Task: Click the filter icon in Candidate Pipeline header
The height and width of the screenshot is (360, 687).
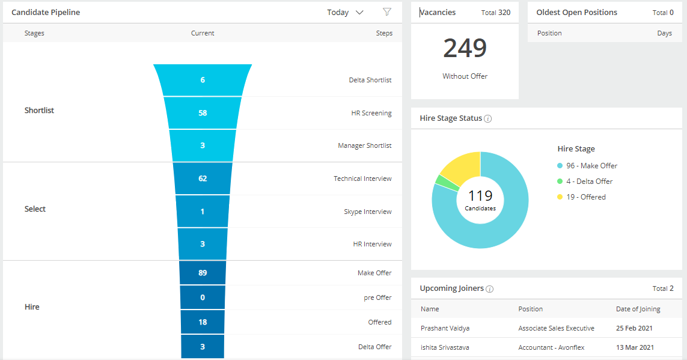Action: [387, 12]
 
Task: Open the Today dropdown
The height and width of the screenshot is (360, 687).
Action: [346, 13]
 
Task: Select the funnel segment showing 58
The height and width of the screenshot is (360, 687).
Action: [203, 113]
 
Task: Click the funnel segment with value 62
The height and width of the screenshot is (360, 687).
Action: [203, 178]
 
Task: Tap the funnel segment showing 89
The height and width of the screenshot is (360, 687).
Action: [203, 273]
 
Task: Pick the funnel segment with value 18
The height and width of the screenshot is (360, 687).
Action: [203, 322]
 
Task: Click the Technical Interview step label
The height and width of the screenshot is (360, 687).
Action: [362, 178]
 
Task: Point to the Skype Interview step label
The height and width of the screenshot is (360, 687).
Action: [367, 212]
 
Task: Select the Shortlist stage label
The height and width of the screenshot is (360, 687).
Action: [39, 111]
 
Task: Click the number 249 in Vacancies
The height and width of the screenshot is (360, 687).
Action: [465, 49]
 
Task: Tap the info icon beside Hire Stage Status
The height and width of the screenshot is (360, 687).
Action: [488, 119]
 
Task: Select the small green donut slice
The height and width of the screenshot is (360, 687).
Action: [440, 182]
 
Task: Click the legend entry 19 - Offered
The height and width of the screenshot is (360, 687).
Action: [585, 197]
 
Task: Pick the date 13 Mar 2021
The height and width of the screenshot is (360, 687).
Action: [634, 347]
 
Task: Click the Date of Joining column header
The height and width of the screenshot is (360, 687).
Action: [638, 309]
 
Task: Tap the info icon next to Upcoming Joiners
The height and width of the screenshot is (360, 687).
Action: [490, 289]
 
